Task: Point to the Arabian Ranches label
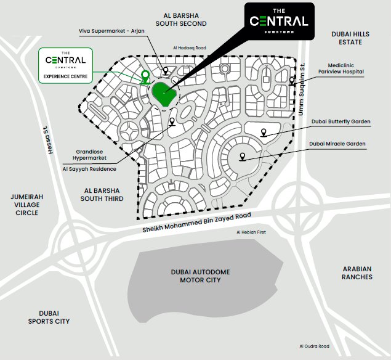coord(357,273)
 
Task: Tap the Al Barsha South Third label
coord(103,195)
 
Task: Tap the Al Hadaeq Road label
coord(188,47)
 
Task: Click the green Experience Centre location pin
coord(145,76)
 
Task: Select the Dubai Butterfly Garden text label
coord(341,122)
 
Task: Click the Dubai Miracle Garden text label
coord(338,144)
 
